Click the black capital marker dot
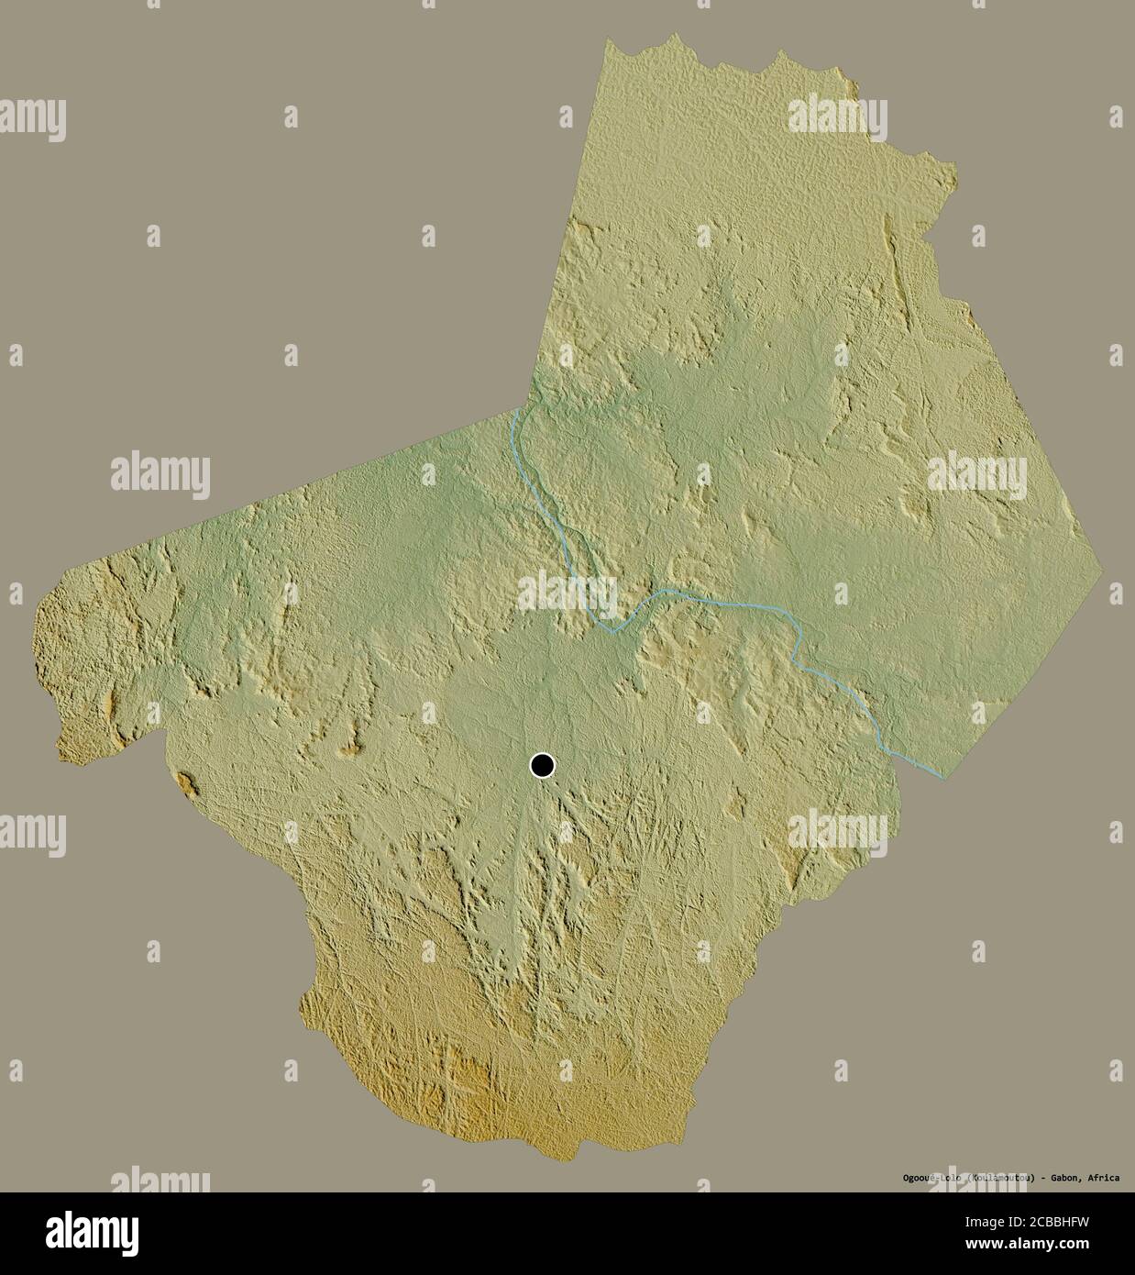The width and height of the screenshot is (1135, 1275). click(542, 764)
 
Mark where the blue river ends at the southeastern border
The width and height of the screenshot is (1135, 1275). click(943, 776)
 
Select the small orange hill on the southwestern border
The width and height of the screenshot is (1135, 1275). click(187, 784)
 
